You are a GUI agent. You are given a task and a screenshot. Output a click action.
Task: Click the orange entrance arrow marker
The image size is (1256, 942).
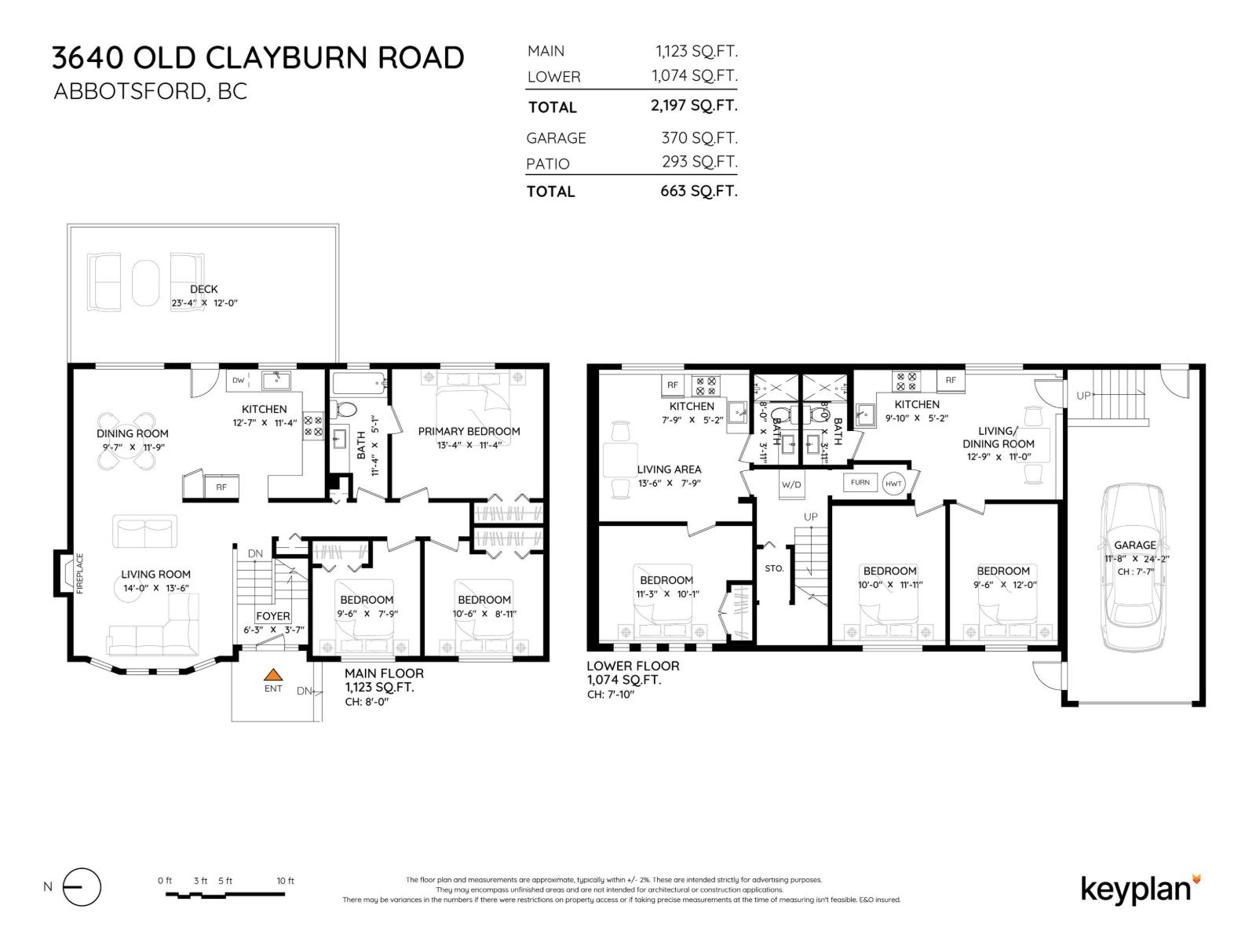(272, 674)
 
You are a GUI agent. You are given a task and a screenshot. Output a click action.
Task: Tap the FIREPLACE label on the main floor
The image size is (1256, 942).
(79, 574)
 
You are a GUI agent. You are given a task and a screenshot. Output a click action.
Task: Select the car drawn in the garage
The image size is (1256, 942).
(1133, 568)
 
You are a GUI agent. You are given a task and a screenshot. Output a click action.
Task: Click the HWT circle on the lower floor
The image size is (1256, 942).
(893, 484)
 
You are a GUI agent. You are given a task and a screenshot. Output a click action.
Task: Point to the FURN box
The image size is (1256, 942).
(860, 482)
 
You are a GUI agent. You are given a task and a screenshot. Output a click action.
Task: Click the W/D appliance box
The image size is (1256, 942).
(791, 484)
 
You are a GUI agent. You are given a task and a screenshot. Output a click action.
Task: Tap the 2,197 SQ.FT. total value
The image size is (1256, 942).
(694, 105)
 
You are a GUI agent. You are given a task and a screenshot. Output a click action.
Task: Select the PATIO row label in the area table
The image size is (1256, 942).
(548, 163)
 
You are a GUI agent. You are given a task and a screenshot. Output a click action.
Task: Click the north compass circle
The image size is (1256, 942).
(82, 887)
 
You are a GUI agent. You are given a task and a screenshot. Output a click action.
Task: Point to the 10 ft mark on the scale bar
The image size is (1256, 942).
(285, 881)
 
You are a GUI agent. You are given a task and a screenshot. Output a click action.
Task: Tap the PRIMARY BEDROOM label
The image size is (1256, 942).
(469, 431)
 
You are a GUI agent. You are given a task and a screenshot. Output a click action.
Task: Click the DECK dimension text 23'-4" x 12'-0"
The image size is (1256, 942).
(204, 303)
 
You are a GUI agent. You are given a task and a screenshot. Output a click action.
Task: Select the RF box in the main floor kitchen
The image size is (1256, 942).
(221, 487)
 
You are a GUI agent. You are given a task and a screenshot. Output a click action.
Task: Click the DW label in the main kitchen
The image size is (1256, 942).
(238, 381)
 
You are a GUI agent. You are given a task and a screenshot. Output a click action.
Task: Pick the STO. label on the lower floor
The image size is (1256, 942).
(774, 568)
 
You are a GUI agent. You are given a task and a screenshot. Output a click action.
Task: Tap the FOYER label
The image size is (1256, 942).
(272, 616)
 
